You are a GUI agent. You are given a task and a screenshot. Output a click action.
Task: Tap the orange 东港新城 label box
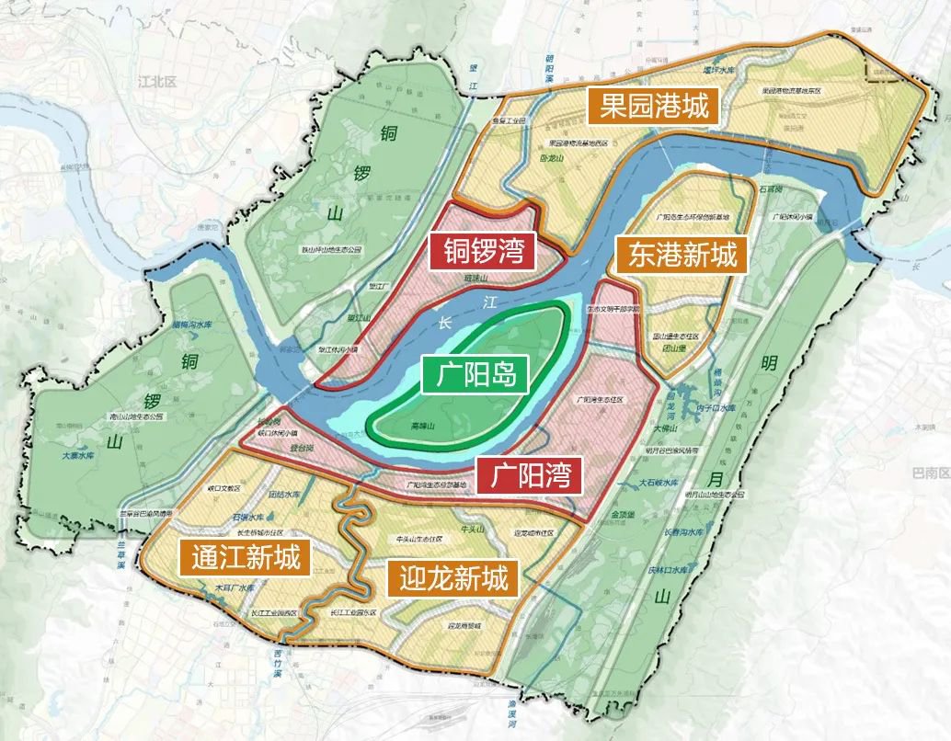point(682,255)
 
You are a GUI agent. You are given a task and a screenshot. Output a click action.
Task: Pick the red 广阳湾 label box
point(530,475)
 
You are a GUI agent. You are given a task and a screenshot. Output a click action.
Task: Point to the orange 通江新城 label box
point(246,556)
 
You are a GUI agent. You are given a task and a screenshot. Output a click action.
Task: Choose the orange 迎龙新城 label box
point(453,578)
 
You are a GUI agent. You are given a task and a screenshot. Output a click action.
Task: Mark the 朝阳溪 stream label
point(548,71)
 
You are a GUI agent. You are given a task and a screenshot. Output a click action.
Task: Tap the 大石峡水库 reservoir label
point(659,483)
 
